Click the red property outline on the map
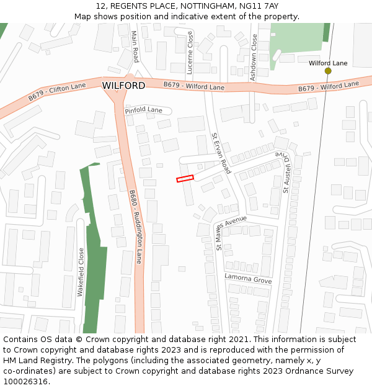pyautogui.click(x=185, y=179)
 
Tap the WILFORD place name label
pyautogui.click(x=123, y=85)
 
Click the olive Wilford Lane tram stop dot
pyautogui.click(x=328, y=71)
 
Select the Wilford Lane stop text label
pyautogui.click(x=328, y=63)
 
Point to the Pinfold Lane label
pyautogui.click(x=143, y=111)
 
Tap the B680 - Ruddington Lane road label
pyautogui.click(x=135, y=227)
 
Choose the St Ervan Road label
pyautogui.click(x=221, y=153)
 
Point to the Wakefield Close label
pyautogui.click(x=81, y=272)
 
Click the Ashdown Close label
pyautogui.click(x=253, y=57)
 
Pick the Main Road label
pyautogui.click(x=135, y=47)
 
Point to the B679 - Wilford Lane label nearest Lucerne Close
pyautogui.click(x=193, y=86)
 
